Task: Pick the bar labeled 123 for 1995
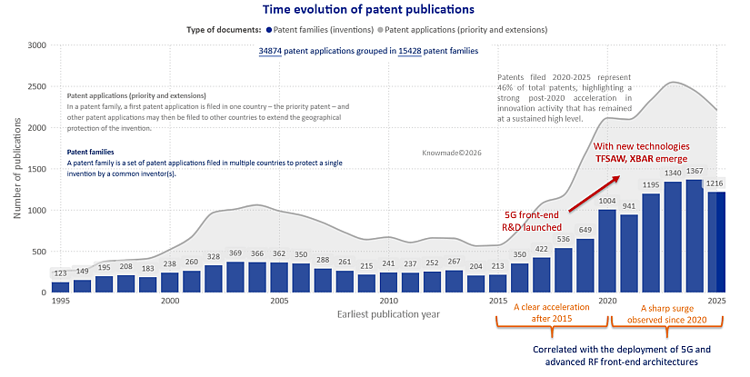point(61,287)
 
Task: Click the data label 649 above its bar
point(585,230)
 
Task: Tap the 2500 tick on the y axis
point(36,86)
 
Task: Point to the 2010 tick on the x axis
point(389,301)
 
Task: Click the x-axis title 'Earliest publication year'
point(390,313)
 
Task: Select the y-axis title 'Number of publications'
point(16,169)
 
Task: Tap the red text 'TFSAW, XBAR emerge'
point(645,158)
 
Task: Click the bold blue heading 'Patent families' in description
point(90,153)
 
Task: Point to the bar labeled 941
point(628,253)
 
